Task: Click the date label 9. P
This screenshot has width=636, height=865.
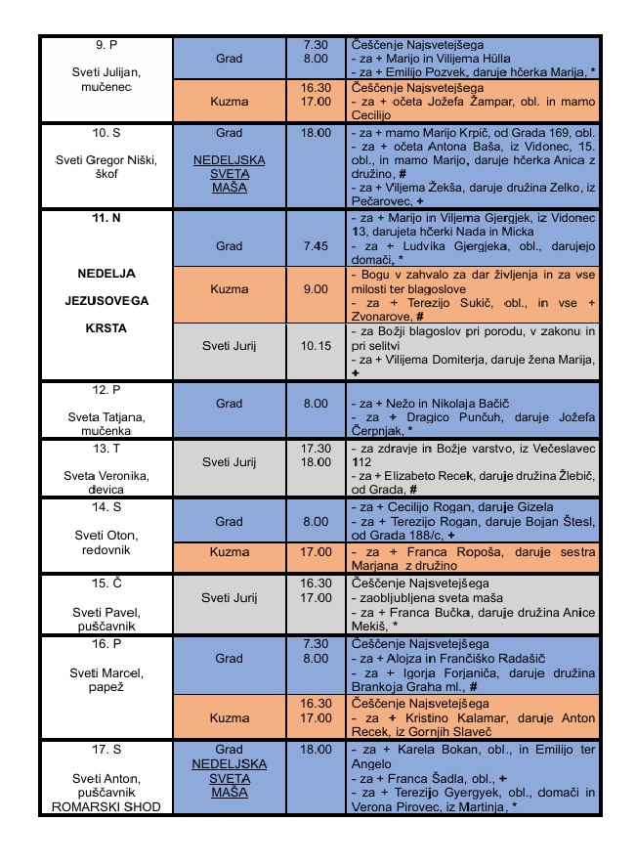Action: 106,44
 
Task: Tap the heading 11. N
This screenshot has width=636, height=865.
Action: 106,217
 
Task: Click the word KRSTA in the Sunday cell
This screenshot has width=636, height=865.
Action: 106,328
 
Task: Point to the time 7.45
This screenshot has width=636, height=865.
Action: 315,246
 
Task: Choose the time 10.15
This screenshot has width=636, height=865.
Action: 315,345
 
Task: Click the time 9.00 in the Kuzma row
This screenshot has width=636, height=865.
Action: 315,289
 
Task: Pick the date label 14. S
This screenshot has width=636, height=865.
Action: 106,507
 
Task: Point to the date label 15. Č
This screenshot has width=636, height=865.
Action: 106,584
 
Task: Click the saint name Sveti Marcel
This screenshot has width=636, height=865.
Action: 106,672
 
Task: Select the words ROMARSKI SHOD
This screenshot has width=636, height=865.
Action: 106,806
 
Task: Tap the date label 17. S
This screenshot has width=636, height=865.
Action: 106,750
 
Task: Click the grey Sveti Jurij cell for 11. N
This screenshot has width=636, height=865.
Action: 229,345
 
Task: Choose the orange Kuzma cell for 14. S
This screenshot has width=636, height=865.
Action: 229,552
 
